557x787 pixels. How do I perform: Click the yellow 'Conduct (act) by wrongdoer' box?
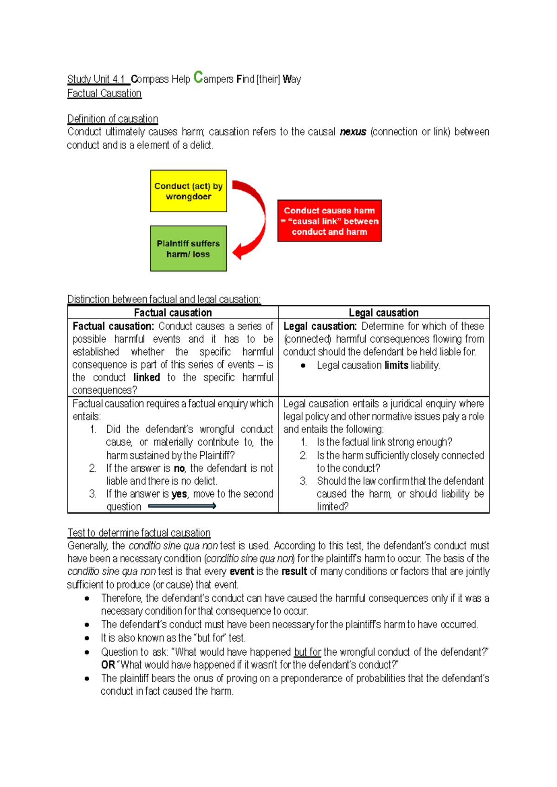[188, 191]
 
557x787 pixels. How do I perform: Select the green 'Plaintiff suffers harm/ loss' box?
[188, 249]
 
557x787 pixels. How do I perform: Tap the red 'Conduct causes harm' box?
[330, 221]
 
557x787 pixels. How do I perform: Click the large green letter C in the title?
[198, 77]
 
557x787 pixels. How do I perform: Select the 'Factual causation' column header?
[173, 313]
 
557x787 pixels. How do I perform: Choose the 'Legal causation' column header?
[383, 313]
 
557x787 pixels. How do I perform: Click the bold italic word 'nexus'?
[353, 132]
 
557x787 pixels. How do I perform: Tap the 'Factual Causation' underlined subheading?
[104, 93]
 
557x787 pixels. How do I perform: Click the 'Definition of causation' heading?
[113, 119]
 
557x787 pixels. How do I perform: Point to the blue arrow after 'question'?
[182, 506]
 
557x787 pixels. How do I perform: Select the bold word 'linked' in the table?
[147, 378]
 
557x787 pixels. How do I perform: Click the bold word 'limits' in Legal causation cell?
[396, 366]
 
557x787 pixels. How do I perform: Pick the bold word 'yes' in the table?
[179, 494]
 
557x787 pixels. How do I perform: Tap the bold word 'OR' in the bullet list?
[108, 665]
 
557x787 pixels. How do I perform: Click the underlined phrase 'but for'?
[307, 652]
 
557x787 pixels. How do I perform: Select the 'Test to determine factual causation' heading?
[139, 533]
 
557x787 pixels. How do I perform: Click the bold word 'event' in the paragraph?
[242, 571]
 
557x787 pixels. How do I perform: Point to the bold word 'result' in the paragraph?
[294, 571]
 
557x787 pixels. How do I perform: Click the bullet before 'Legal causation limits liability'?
[303, 366]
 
